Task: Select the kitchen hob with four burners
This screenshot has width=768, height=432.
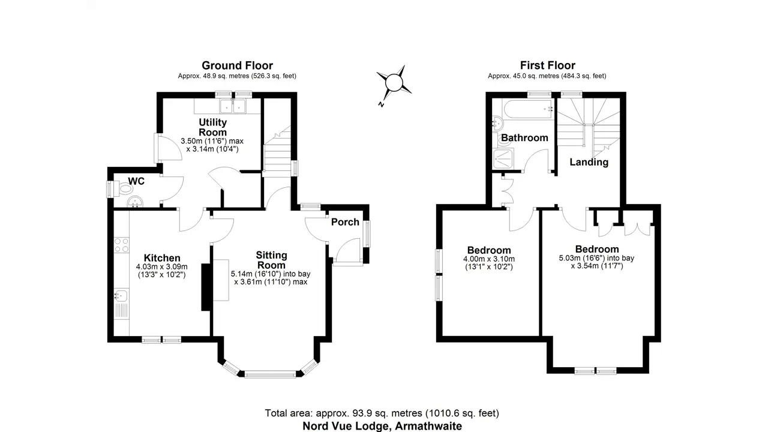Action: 122,245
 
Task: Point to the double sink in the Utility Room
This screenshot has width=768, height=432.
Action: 233,106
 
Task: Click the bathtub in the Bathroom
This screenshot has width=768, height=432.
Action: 528,109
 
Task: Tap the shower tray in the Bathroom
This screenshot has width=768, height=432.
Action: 503,159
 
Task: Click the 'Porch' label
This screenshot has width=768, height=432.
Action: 345,222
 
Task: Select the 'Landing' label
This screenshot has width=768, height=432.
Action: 589,162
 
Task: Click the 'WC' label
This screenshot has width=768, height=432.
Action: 136,181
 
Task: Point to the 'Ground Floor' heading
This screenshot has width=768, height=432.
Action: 237,65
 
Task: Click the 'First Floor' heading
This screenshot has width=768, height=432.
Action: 548,65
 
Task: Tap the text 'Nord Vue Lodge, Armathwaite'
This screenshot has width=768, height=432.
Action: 382,426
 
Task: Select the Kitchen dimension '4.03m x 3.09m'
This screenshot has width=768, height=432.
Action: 162,267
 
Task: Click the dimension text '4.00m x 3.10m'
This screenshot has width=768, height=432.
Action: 489,259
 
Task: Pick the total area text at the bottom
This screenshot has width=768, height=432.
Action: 382,413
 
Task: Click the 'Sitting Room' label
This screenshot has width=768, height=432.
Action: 271,260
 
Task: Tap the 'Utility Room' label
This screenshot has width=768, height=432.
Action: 212,127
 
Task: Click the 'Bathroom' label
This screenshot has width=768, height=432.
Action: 524,138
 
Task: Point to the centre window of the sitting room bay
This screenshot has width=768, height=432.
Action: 271,374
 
